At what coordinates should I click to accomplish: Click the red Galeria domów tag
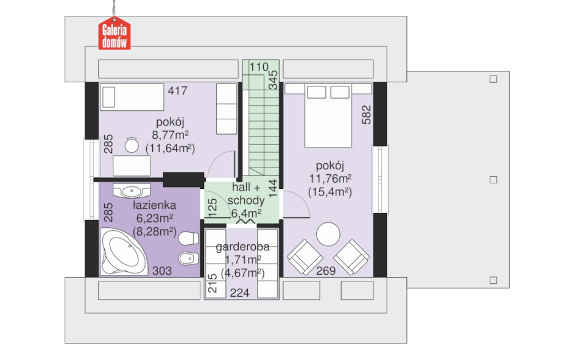[x=115, y=33]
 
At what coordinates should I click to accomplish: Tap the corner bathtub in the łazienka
[x=123, y=252]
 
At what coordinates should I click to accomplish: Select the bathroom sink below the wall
[x=132, y=191]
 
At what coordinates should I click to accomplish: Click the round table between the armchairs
[x=328, y=235]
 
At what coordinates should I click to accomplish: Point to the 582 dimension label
[x=366, y=115]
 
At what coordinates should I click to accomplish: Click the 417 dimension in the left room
[x=177, y=91]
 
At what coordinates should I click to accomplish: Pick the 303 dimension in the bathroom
[x=162, y=271]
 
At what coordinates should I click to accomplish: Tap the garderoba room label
[x=242, y=247]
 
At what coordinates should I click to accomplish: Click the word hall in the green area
[x=242, y=187]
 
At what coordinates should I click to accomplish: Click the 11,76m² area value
[x=330, y=178]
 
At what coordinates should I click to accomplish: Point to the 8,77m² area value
[x=170, y=135]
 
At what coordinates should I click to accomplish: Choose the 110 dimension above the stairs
[x=259, y=67]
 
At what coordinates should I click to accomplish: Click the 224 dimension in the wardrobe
[x=239, y=292]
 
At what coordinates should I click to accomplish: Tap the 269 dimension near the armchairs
[x=326, y=271]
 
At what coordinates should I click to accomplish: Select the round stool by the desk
[x=132, y=146]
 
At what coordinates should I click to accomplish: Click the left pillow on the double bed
[x=317, y=93]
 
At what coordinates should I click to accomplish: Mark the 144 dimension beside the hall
[x=273, y=188]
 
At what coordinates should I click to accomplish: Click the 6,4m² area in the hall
[x=247, y=213]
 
